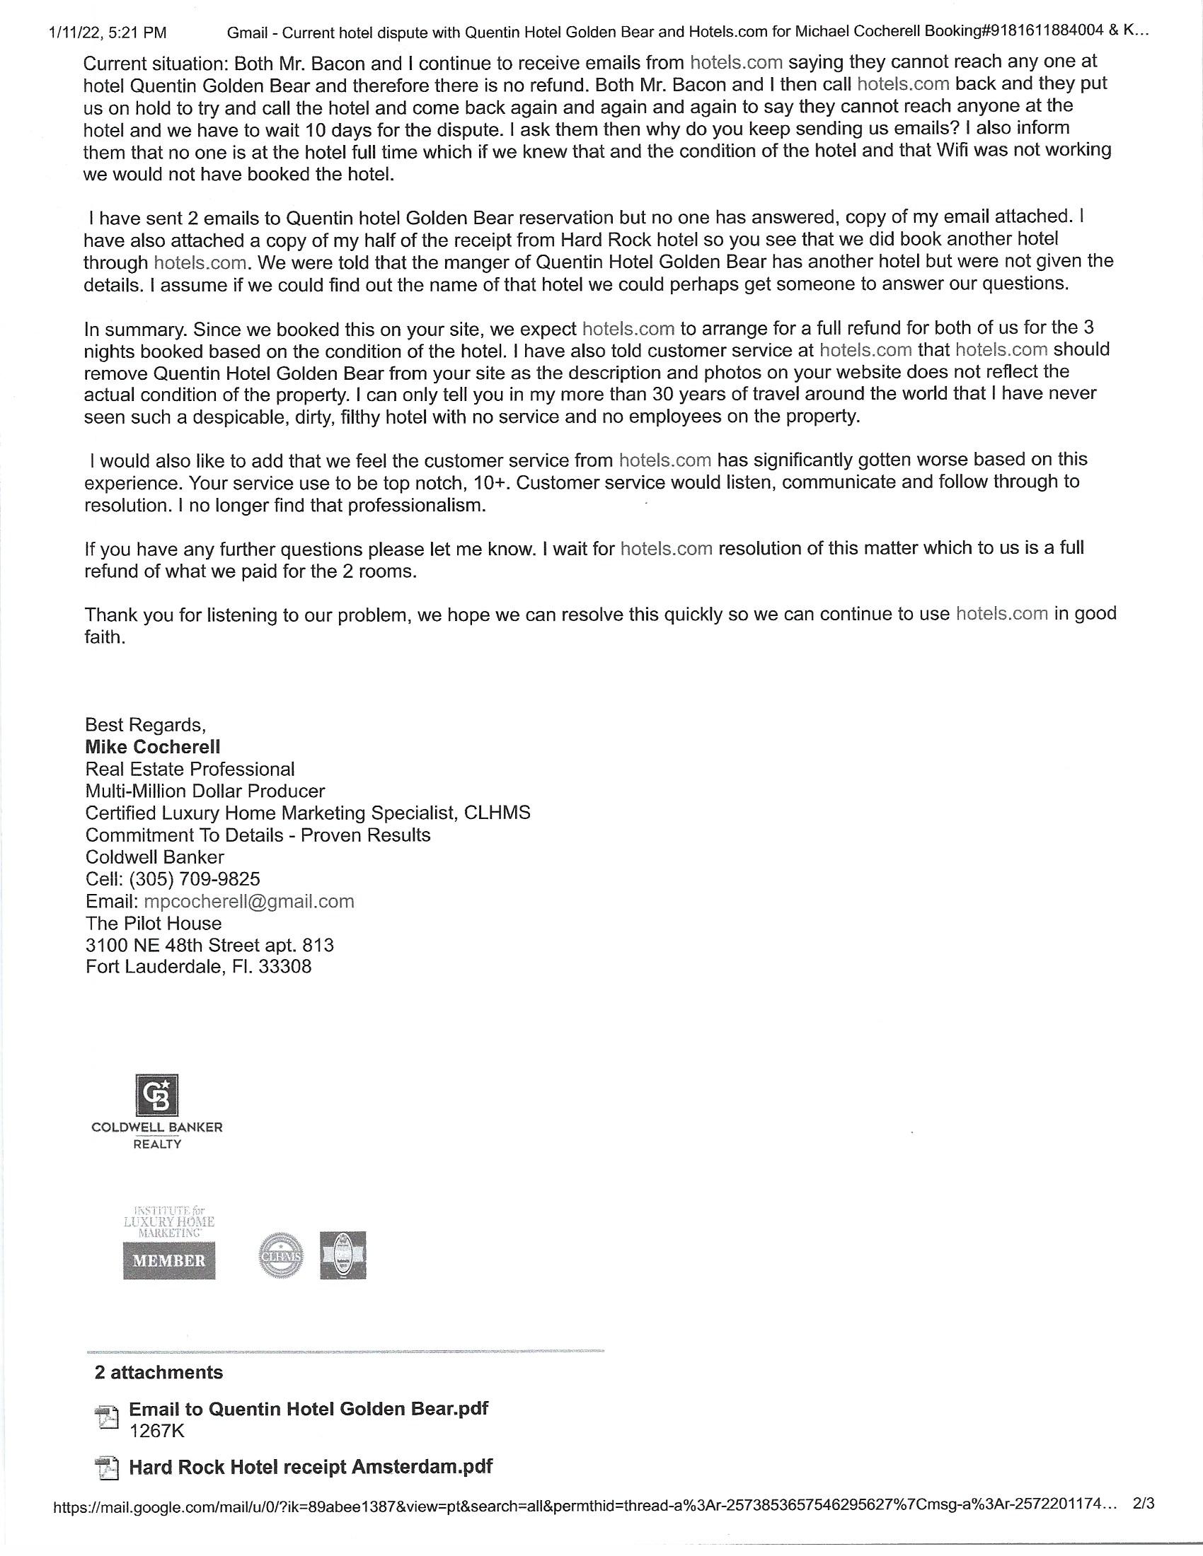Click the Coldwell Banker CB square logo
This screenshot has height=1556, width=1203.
(x=157, y=1094)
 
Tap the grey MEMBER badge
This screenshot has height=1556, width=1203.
(x=169, y=1260)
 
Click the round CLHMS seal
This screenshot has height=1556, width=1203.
(x=282, y=1255)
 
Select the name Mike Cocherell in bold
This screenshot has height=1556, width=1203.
(x=153, y=747)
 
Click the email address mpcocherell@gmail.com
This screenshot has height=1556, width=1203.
(x=248, y=901)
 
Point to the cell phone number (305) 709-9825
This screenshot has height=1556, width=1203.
(x=195, y=879)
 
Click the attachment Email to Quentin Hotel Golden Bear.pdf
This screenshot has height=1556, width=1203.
(x=308, y=1408)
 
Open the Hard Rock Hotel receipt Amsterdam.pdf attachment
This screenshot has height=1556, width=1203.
(x=310, y=1467)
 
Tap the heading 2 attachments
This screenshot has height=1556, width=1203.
(x=159, y=1372)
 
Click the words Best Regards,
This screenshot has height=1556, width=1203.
(x=145, y=724)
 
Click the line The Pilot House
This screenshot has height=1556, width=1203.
(x=154, y=923)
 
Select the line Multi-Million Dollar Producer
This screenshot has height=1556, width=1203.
(x=205, y=791)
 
